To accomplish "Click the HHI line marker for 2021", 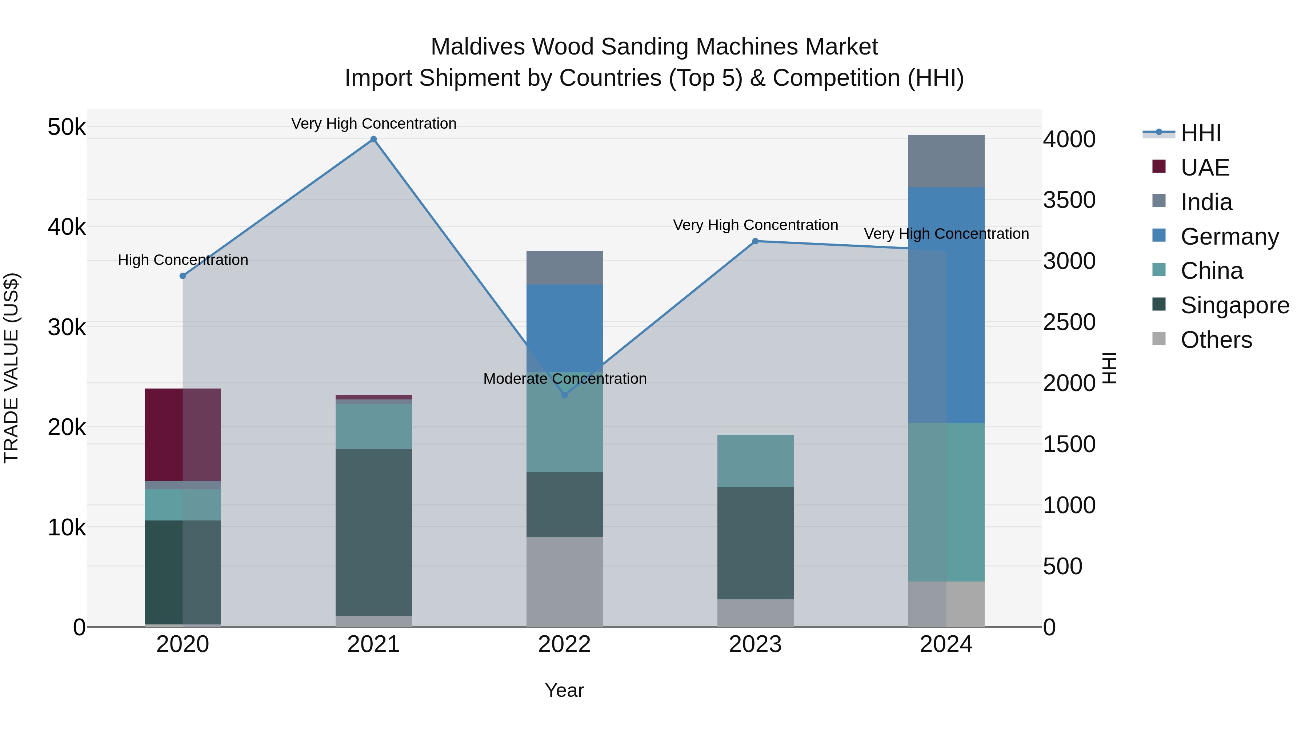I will click(373, 139).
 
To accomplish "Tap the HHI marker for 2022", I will click(564, 395).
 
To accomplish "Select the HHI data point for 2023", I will click(755, 241).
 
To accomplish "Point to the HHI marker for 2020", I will click(183, 276).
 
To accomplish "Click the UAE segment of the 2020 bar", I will click(183, 434).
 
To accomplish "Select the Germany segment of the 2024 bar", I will click(946, 305).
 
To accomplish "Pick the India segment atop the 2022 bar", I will click(564, 268).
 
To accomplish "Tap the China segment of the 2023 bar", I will click(755, 461).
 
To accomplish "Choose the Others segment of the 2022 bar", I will click(564, 582).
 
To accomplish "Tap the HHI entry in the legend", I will click(1200, 133).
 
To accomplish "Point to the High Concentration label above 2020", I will click(183, 260).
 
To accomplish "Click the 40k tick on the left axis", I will click(67, 227).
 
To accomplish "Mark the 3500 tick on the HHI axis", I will click(1069, 200).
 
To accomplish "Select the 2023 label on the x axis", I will click(755, 644).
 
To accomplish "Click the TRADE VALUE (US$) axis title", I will click(11, 368).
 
